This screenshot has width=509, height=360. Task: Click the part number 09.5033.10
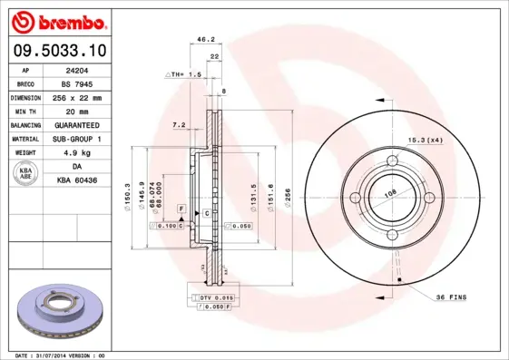pos(63,53)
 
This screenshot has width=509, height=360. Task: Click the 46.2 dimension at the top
pos(205,39)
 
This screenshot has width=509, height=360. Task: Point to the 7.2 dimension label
pos(179,124)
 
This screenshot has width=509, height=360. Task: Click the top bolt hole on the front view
pos(393,163)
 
